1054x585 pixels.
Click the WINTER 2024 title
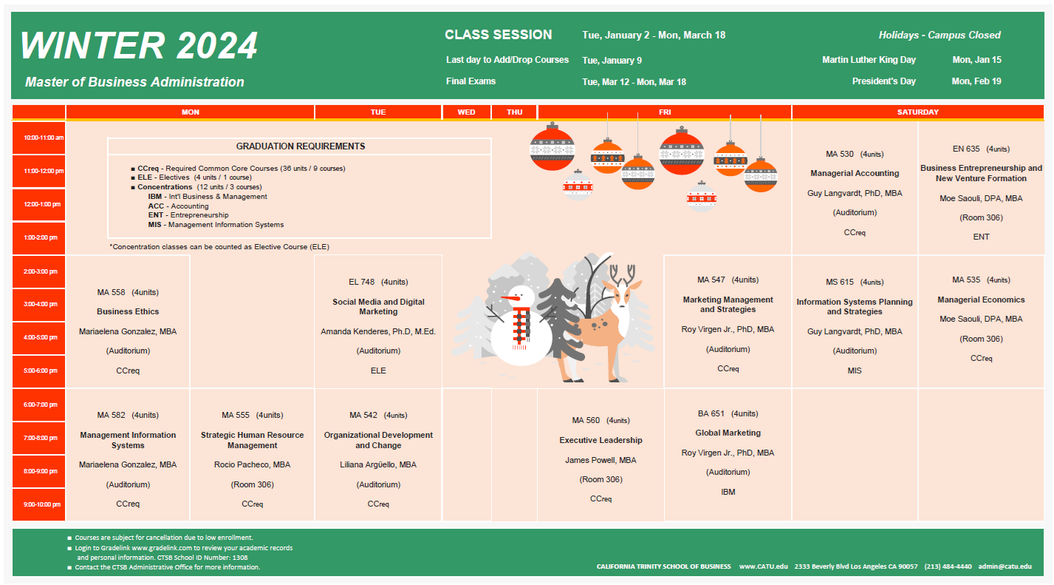[x=139, y=46]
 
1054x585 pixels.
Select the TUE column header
[x=378, y=112]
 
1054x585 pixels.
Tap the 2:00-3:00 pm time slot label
[x=41, y=271]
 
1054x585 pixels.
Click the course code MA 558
[x=111, y=293]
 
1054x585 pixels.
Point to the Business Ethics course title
[x=128, y=311]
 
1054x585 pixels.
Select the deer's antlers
[x=622, y=274]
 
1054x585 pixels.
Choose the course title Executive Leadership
[x=601, y=440]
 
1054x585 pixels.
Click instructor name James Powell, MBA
[x=601, y=460]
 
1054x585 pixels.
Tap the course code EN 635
[x=966, y=149]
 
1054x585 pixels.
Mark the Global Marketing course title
[x=728, y=433]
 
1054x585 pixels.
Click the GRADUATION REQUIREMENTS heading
[x=300, y=146]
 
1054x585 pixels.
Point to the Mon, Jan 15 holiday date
[x=977, y=60]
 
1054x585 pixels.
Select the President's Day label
[x=883, y=81]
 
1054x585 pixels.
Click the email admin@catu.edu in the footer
[x=1005, y=567]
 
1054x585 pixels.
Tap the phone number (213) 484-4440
[x=948, y=567]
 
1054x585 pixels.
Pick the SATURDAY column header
[x=917, y=112]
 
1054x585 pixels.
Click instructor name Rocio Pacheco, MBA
[x=252, y=465]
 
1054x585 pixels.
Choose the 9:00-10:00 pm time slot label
[x=42, y=504]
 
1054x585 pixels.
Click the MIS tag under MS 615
[x=855, y=371]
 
